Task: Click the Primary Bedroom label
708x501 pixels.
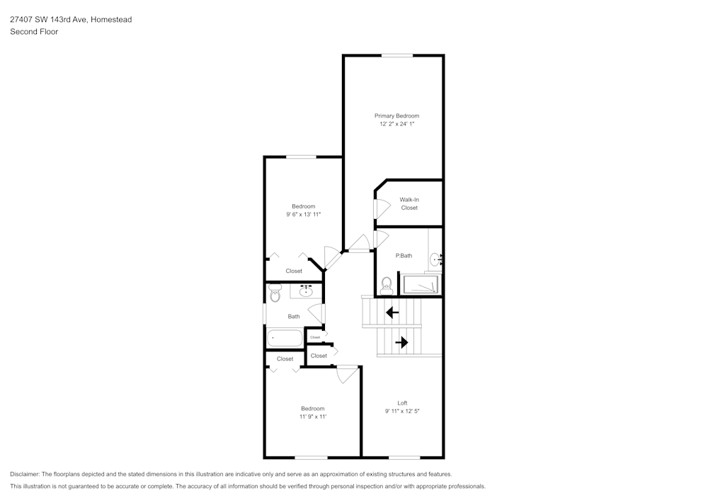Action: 396,116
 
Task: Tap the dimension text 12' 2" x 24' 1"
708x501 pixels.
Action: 396,124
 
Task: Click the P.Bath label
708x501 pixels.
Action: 404,255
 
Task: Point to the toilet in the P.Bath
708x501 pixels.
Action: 387,285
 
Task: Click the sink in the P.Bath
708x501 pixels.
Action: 435,260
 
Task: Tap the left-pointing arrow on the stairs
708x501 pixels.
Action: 392,312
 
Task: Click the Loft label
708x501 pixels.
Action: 402,403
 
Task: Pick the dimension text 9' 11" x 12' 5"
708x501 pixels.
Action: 402,411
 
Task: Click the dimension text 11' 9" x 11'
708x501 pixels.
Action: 312,417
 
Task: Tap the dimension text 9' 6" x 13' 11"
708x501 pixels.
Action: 304,214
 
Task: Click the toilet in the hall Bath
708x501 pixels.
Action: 275,293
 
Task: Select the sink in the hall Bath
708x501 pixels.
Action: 307,291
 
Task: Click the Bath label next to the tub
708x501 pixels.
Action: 294,316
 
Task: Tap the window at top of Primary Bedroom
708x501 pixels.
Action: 397,55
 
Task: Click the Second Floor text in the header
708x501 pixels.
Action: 34,32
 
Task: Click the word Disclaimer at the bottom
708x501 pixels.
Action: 25,473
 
